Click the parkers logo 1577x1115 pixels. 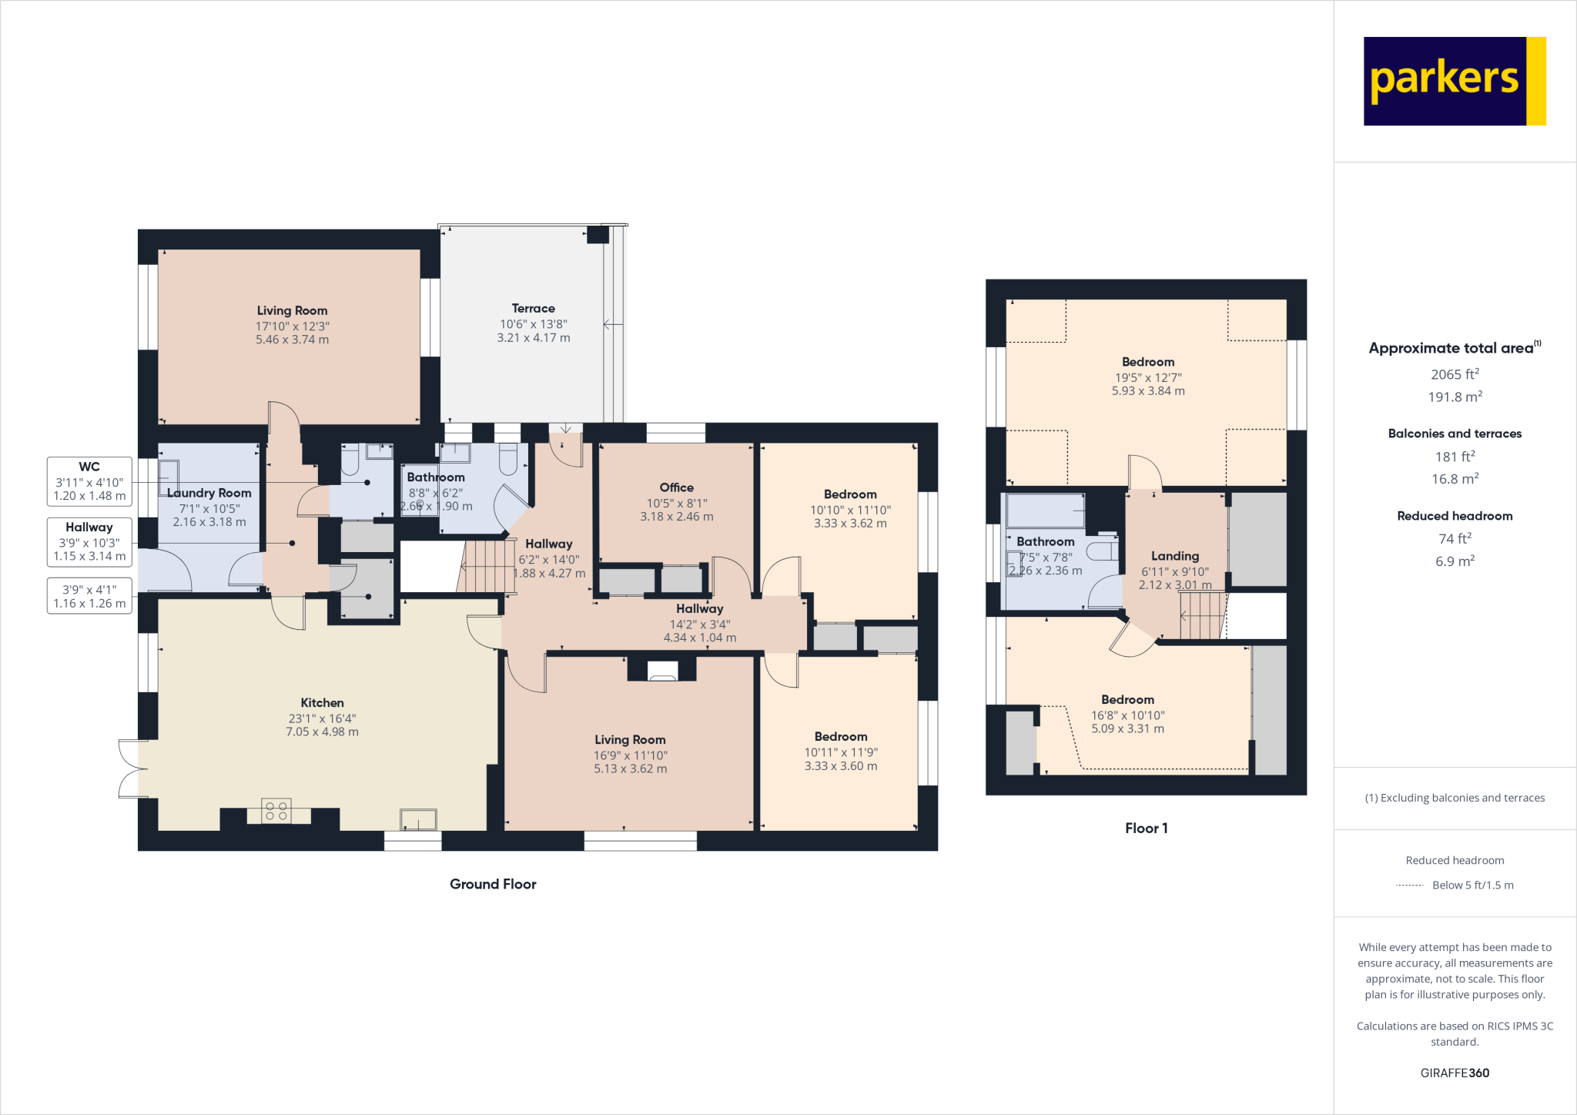pos(1454,81)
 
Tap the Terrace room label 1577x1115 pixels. pos(533,308)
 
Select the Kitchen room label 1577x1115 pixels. pos(322,702)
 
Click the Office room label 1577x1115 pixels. pos(676,487)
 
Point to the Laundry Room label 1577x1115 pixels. pos(209,493)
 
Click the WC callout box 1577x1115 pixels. pos(89,481)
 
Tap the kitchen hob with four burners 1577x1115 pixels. pos(276,811)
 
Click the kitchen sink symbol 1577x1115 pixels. pos(418,819)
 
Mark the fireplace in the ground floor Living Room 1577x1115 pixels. pos(662,671)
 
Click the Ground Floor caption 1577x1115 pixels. pos(493,884)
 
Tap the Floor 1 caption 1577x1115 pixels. pos(1146,828)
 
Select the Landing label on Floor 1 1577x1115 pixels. pos(1174,556)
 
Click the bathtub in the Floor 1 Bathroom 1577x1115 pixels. pos(1046,511)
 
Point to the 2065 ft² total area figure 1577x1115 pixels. pos(1454,374)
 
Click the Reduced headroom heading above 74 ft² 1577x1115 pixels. pos(1454,516)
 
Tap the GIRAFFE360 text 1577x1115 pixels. pos(1454,1073)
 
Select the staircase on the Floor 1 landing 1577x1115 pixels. pos(1201,615)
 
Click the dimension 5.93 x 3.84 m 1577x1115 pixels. pos(1147,391)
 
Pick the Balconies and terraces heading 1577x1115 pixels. pos(1454,434)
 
